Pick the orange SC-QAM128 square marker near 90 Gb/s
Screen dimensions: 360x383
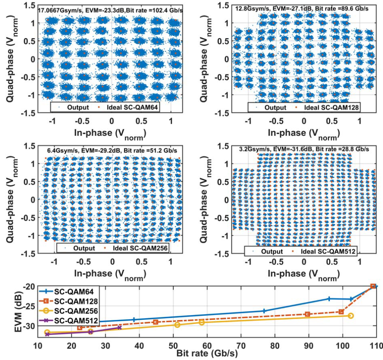[x=308, y=314]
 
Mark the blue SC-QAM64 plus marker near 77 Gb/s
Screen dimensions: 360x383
[x=264, y=311]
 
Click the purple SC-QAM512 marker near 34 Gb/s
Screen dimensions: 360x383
[x=119, y=328]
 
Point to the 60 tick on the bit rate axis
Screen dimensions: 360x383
[x=207, y=345]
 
